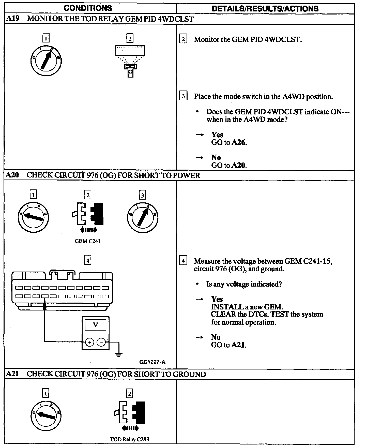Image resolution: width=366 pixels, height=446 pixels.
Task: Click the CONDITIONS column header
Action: pos(88,8)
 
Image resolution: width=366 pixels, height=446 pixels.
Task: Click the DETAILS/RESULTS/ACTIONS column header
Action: pos(265,9)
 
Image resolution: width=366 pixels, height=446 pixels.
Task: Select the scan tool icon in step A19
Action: pos(130,61)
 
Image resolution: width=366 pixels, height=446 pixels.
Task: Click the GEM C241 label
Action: pos(87,241)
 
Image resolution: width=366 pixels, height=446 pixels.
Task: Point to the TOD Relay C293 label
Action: pos(129,439)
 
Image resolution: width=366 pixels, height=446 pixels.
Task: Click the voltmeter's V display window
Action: pos(96,325)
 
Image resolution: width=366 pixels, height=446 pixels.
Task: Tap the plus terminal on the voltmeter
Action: pos(89,343)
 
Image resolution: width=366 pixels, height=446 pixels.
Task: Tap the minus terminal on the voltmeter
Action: pos(101,343)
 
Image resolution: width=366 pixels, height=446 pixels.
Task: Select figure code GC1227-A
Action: pos(152,362)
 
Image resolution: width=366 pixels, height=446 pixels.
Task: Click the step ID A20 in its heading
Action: pos(12,175)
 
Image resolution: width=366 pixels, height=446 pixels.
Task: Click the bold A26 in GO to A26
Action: pos(239,142)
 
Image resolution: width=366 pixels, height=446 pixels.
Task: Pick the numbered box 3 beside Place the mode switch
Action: pos(183,96)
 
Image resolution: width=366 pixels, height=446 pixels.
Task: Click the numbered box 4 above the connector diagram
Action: pos(88,260)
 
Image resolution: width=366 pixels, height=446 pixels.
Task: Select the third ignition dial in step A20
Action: pos(142,217)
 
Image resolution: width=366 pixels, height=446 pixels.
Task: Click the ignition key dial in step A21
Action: pos(46,415)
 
